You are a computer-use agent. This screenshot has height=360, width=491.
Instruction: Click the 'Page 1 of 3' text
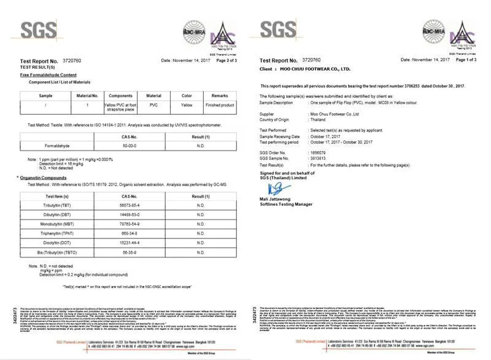(466, 60)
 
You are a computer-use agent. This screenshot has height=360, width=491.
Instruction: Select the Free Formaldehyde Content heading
(49, 74)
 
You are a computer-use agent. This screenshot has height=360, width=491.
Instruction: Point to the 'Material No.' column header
(87, 96)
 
